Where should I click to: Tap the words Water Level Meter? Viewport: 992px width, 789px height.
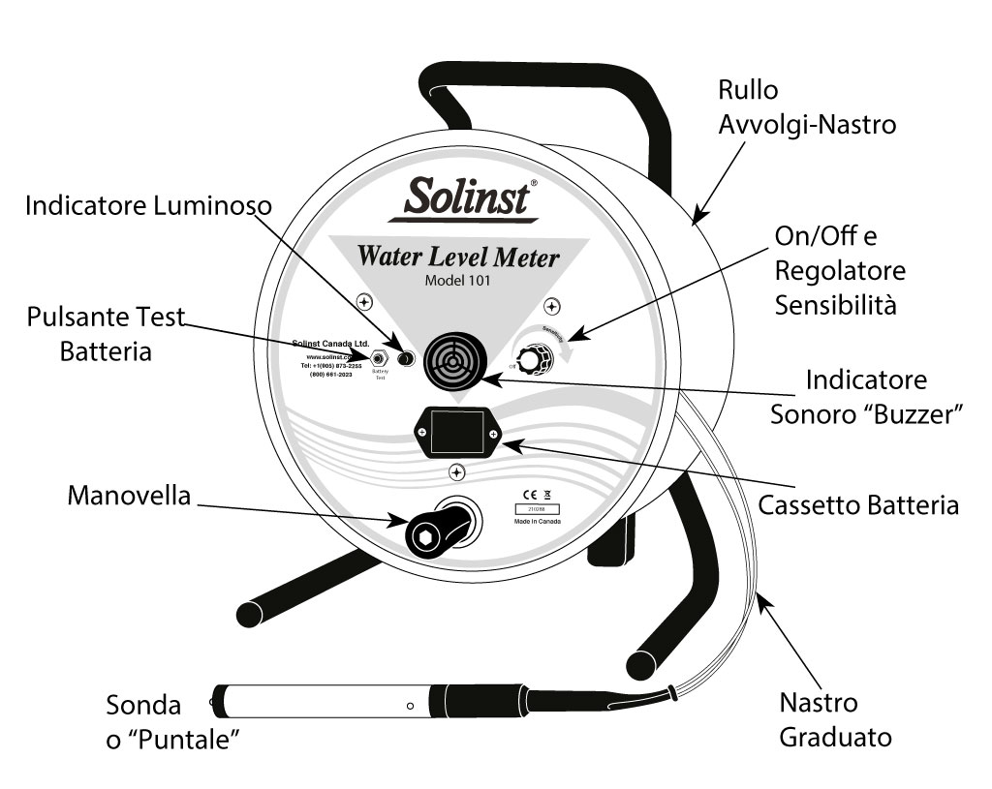[458, 258]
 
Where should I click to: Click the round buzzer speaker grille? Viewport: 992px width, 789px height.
[455, 356]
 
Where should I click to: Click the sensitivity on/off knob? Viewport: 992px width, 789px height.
[530, 361]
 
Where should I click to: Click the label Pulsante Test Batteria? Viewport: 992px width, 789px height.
[106, 335]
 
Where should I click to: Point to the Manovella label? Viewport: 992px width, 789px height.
[129, 496]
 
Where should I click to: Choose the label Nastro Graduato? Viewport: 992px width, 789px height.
[835, 719]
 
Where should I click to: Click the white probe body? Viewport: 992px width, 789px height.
[320, 701]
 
